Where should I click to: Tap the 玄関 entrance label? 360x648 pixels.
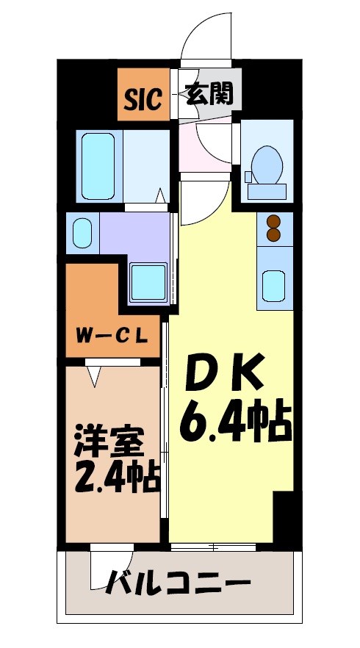[209, 94]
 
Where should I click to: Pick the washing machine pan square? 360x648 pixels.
[148, 281]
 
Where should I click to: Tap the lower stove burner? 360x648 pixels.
[274, 234]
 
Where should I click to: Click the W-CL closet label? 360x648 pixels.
[113, 338]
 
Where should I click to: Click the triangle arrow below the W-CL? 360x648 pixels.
[93, 375]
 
